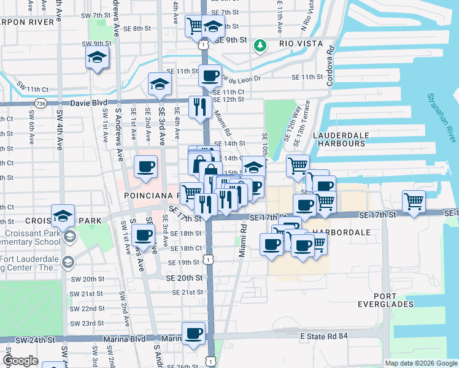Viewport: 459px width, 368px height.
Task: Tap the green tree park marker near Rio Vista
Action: (x=261, y=45)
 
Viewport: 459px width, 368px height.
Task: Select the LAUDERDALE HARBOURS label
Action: (x=341, y=139)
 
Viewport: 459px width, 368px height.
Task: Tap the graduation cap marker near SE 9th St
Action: (x=213, y=27)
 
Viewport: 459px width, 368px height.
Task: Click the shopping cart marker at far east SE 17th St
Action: (x=414, y=201)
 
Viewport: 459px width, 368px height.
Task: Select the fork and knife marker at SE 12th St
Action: (x=200, y=107)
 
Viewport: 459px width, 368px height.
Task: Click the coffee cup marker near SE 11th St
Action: (x=210, y=77)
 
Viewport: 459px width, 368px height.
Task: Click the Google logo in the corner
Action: (x=20, y=361)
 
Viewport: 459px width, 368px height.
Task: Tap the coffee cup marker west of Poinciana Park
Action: (x=145, y=167)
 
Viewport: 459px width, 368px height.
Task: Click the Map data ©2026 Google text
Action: (x=420, y=363)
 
